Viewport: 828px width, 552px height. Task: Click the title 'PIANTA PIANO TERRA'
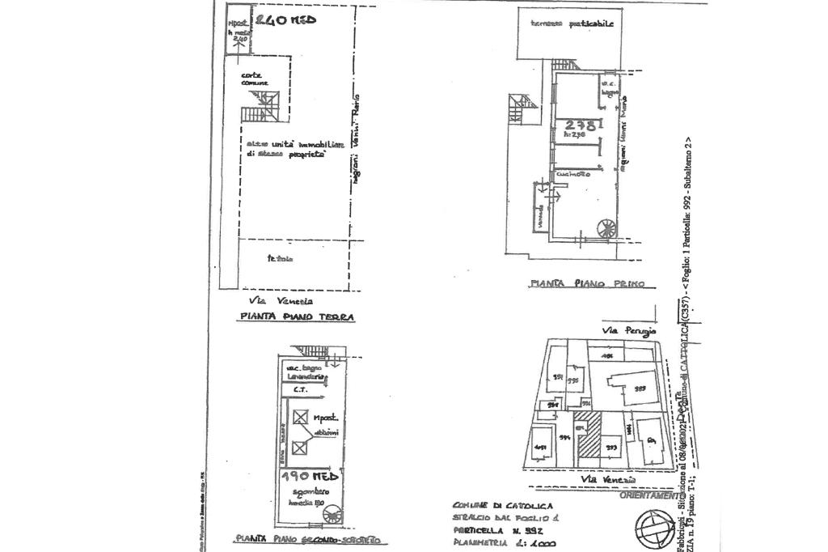[x=297, y=317]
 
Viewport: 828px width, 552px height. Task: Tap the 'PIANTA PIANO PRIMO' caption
[x=586, y=283]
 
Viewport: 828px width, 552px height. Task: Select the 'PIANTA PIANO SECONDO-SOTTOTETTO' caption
[x=310, y=539]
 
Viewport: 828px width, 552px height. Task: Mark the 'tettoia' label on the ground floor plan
[x=281, y=259]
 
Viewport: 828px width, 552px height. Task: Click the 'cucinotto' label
[x=572, y=173]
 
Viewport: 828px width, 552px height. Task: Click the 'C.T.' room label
[x=299, y=389]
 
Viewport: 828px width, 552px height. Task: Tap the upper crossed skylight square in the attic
[x=301, y=418]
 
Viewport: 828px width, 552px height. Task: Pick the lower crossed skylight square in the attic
[x=301, y=447]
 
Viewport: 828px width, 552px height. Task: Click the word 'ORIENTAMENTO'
[x=648, y=495]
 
